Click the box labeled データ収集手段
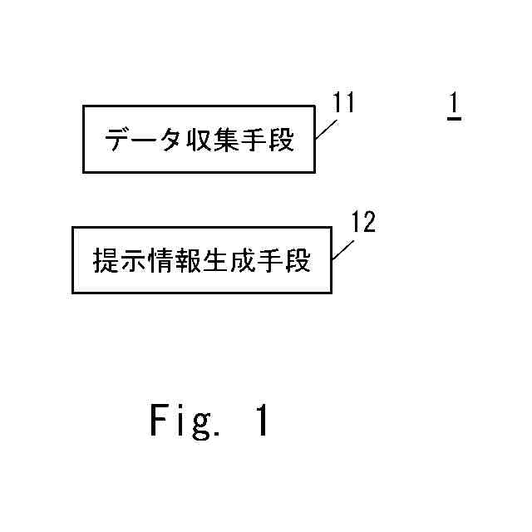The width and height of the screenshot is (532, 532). point(199,139)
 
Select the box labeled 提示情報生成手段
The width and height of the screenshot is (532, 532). point(202,259)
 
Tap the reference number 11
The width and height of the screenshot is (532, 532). point(343,103)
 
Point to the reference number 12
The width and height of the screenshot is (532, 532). point(362,222)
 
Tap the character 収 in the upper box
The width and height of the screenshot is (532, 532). point(197,140)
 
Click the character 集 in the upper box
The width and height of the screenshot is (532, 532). point(227,140)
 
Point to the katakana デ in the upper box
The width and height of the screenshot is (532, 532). point(117,140)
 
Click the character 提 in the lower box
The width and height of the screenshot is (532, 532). point(105,261)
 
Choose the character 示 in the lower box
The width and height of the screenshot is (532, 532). point(132,261)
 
